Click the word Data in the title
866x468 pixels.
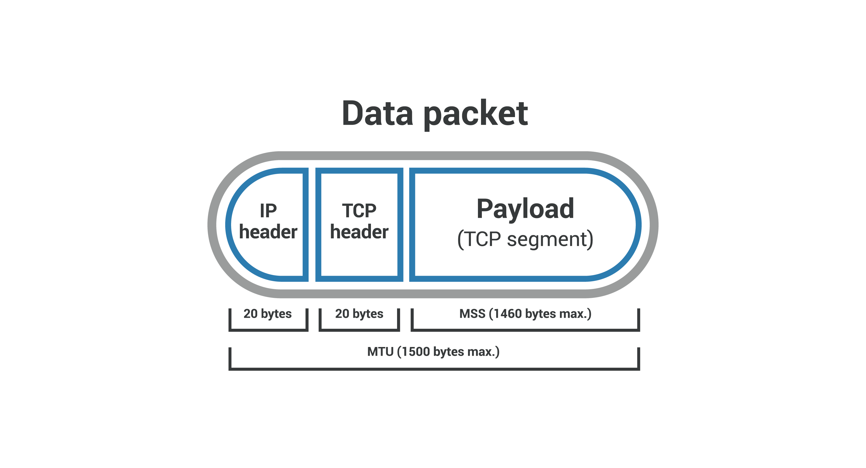[377, 113]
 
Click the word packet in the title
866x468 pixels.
[476, 114]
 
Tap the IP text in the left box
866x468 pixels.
[268, 211]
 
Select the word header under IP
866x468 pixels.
[268, 232]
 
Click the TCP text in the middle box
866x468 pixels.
[359, 211]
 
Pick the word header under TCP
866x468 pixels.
[359, 232]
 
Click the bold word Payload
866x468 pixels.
[525, 209]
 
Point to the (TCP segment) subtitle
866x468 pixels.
[525, 239]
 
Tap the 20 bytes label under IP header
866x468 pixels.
[268, 314]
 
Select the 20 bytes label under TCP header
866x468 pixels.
[359, 314]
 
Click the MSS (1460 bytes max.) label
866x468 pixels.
[525, 314]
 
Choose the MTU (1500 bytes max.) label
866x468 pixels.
[433, 352]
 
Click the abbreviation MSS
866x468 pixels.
[472, 314]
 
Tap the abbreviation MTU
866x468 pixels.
[380, 352]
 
